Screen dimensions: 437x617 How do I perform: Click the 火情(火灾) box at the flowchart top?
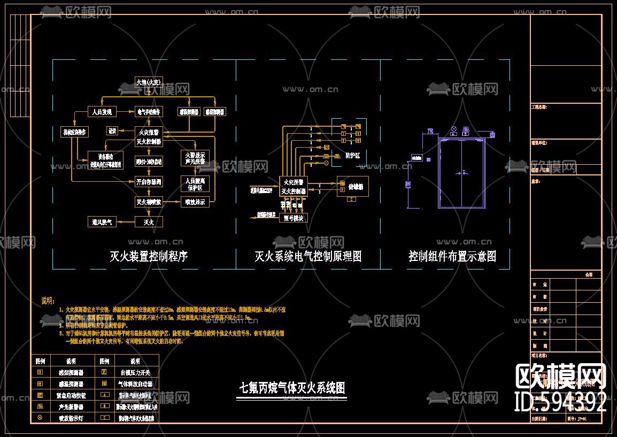pyautogui.click(x=148, y=82)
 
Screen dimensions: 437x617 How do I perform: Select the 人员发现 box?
pyautogui.click(x=102, y=112)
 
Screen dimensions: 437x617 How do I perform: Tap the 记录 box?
pyautogui.click(x=112, y=131)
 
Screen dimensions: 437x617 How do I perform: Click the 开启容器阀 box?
pyautogui.click(x=149, y=182)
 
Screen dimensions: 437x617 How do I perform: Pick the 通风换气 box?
pyautogui.click(x=102, y=221)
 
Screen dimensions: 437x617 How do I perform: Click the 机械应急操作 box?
pyautogui.click(x=74, y=132)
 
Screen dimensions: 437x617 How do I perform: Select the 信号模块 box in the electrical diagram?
pyautogui.click(x=293, y=218)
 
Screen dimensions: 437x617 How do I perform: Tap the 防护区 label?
pyautogui.click(x=353, y=156)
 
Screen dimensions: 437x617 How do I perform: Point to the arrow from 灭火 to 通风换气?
pyautogui.click(x=126, y=221)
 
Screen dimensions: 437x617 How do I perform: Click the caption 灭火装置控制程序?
pyautogui.click(x=149, y=257)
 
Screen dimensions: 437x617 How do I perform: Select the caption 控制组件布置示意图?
pyautogui.click(x=452, y=257)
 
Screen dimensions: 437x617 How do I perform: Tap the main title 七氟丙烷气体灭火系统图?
pyautogui.click(x=292, y=388)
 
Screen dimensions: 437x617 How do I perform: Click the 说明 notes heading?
pyautogui.click(x=48, y=300)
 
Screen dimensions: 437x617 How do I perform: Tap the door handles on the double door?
pyautogui.click(x=461, y=173)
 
